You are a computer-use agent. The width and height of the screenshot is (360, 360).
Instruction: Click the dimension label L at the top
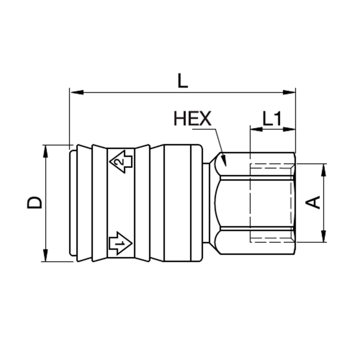point(183,81)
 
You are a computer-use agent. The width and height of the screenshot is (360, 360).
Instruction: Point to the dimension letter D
point(35,203)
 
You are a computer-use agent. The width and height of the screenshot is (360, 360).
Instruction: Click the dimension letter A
point(314,202)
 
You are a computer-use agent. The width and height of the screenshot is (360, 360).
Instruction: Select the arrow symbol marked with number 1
point(120,244)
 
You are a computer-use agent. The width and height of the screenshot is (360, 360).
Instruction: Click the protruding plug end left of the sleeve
point(73,203)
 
